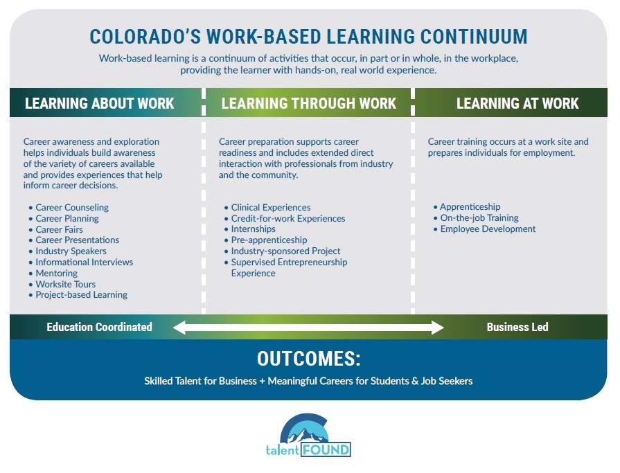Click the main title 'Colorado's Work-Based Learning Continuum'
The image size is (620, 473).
tap(308, 36)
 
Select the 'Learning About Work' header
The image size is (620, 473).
tap(100, 104)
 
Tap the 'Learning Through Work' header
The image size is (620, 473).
tap(308, 104)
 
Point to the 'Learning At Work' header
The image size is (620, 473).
tap(517, 104)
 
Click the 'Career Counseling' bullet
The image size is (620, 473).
tap(72, 207)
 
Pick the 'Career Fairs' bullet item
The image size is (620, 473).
tap(59, 229)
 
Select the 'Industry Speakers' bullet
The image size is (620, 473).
tap(71, 251)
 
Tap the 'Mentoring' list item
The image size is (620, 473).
tap(56, 273)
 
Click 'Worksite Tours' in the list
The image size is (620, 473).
tap(65, 284)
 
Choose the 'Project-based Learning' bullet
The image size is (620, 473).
tap(81, 295)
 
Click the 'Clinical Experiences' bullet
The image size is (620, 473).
tap(270, 207)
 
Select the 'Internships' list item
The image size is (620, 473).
tap(253, 229)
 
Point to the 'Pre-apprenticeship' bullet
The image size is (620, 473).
tap(269, 240)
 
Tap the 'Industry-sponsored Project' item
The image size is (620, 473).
tap(285, 251)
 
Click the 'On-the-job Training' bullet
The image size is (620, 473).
tap(479, 218)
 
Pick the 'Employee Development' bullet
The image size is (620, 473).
tap(488, 229)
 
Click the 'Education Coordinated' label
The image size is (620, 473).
tap(99, 327)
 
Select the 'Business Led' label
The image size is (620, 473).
tap(517, 327)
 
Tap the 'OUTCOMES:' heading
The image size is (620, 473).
tap(308, 359)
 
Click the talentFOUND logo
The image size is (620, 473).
tap(308, 434)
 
